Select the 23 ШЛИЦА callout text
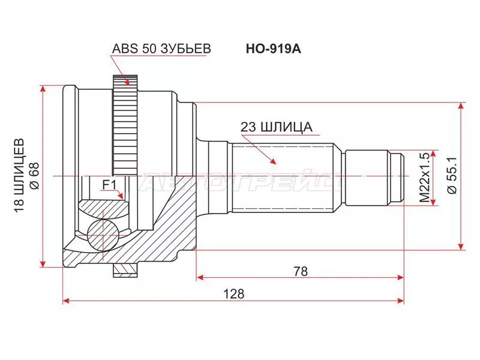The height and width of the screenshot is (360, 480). coord(276,127)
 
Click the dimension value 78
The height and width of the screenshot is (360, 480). coord(300,271)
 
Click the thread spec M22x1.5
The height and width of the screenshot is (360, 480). coord(425,177)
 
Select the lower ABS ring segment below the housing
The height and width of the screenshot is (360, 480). coord(125,271)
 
